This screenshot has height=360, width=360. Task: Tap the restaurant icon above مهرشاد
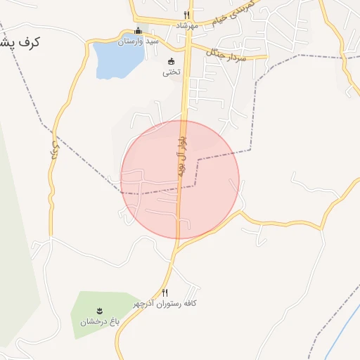[186, 14]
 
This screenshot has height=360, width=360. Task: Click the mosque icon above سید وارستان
[138, 31]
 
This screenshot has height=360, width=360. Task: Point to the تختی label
[172, 72]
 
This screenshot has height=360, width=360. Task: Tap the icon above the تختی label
[171, 60]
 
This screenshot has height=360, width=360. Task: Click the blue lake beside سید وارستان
[112, 60]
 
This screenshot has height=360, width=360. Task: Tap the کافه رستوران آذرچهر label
[165, 303]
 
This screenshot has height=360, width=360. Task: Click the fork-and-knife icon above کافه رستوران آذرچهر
[165, 292]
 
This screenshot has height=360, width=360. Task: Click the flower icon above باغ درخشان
[99, 311]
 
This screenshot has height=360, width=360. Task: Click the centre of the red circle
[180, 179]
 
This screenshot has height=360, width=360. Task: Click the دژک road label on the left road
[53, 149]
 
